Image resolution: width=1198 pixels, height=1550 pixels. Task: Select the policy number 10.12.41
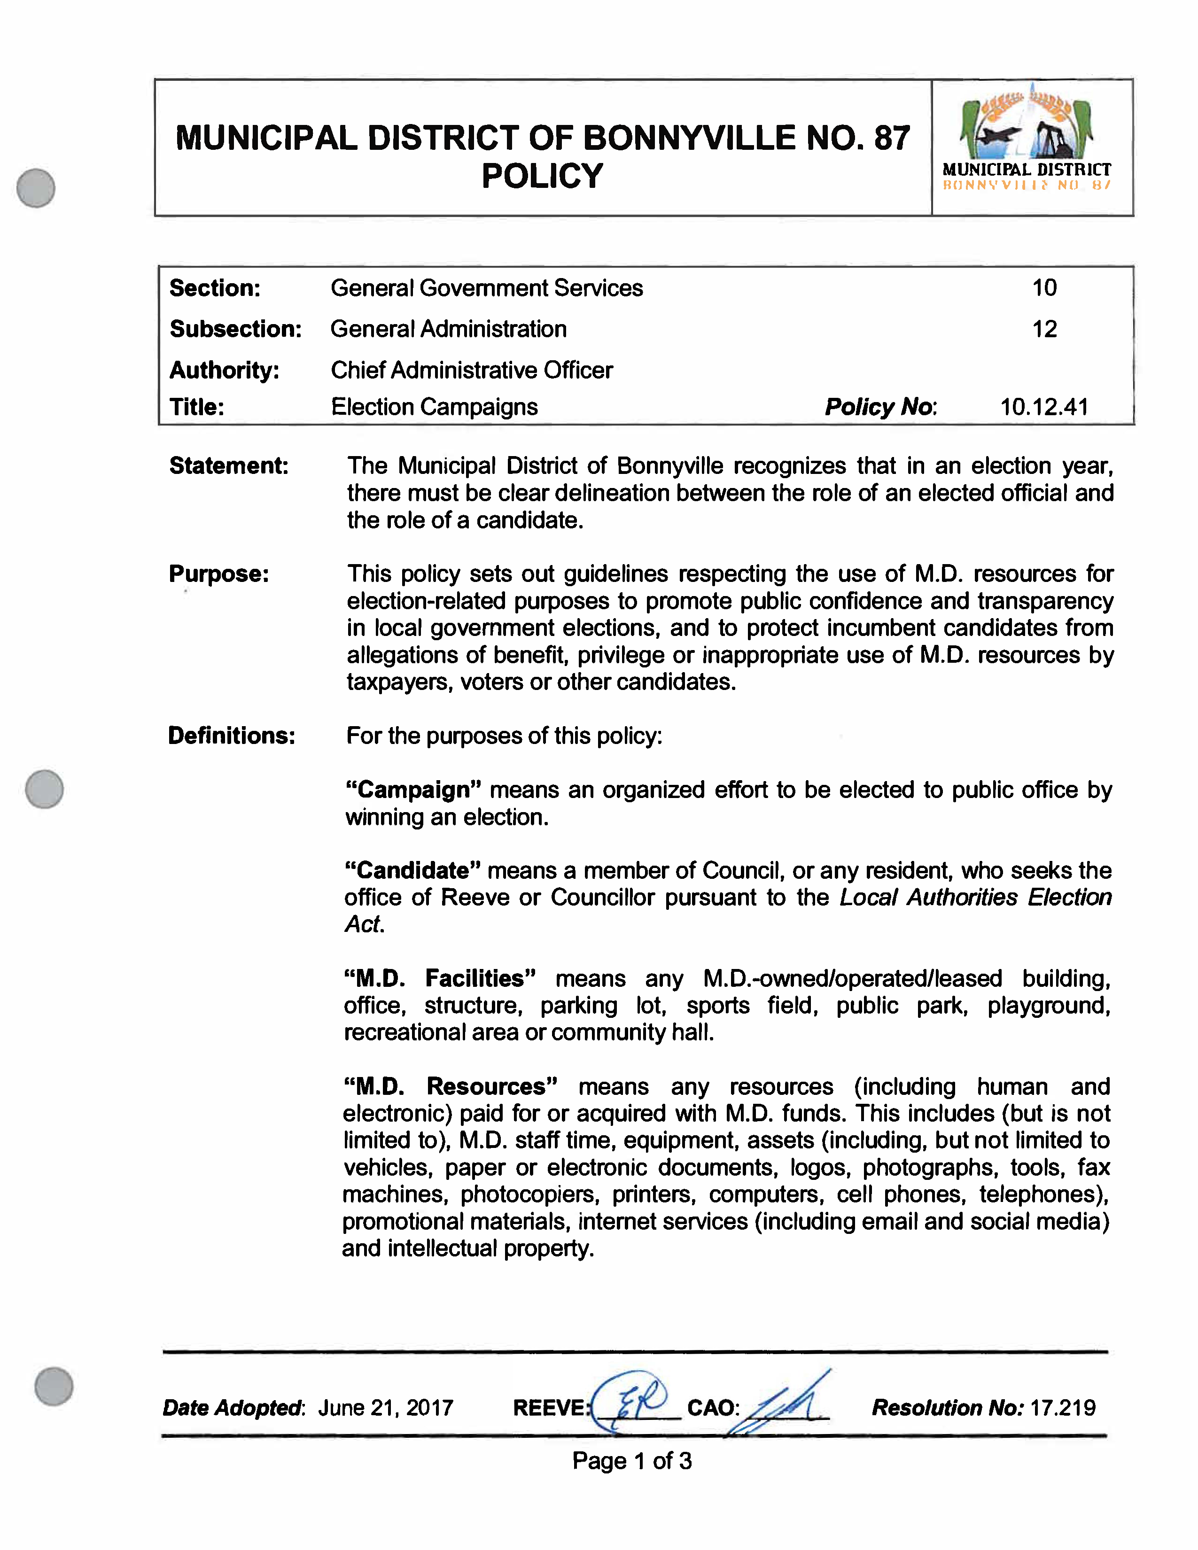(1043, 407)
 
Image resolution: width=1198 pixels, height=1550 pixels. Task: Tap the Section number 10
(1044, 287)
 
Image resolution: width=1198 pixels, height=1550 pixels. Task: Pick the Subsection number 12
(1044, 329)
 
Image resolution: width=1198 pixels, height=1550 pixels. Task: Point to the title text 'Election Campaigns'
(435, 407)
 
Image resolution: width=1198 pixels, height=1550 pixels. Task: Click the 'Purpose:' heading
(218, 573)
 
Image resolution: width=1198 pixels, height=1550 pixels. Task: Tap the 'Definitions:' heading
(231, 735)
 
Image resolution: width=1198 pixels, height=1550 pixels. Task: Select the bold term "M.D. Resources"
(450, 1086)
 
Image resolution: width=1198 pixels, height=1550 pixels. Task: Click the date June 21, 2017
(385, 1407)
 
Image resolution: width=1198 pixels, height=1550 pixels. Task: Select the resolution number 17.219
(1062, 1407)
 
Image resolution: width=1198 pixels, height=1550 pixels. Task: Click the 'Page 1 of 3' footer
(631, 1461)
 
